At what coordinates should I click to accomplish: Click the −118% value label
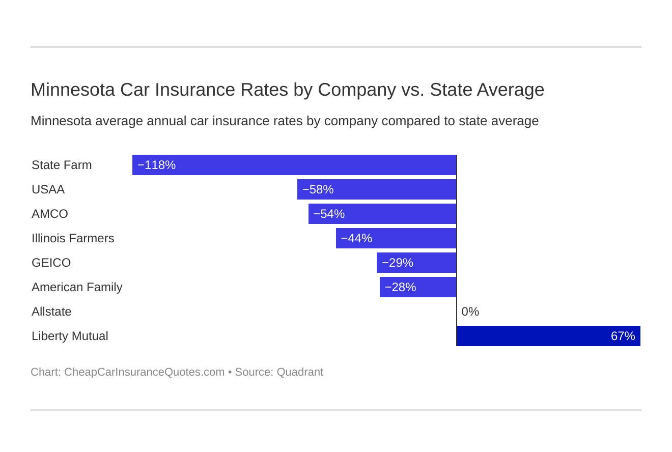tap(156, 165)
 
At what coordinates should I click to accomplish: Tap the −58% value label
tap(318, 189)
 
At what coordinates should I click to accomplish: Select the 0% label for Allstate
tap(470, 312)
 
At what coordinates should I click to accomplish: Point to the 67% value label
tap(623, 336)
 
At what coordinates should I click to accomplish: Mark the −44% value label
tap(356, 238)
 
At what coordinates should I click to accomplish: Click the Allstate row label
tap(51, 312)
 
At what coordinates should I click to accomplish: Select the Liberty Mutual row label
tap(70, 336)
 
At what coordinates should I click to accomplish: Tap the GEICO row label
tap(51, 263)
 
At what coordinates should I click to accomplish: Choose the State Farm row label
tap(62, 165)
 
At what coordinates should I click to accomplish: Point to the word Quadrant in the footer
tap(300, 372)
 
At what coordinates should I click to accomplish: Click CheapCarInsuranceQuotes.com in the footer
tap(144, 372)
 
